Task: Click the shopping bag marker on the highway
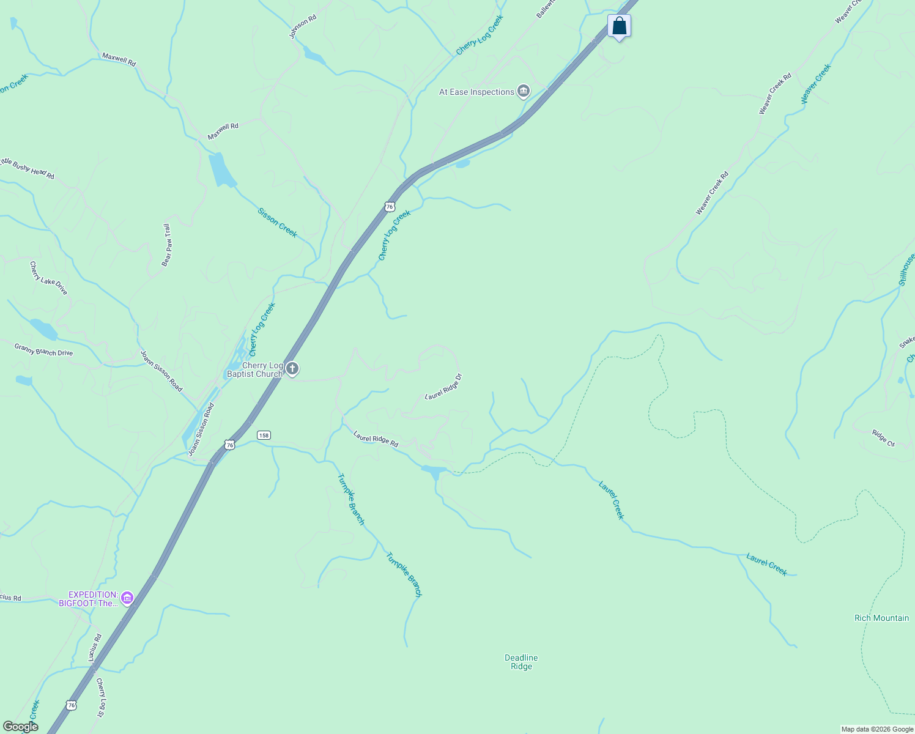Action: point(619,26)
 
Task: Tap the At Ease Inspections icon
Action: point(524,92)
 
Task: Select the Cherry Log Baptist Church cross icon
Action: point(292,369)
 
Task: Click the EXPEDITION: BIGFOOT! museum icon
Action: point(127,598)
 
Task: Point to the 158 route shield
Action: point(263,435)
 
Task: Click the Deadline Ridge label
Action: point(521,662)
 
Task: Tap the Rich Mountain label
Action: point(881,618)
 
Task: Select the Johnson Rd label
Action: point(303,28)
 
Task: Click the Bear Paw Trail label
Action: point(166,245)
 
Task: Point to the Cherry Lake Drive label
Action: point(48,278)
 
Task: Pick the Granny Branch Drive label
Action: point(43,349)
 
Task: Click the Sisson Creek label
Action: point(277,223)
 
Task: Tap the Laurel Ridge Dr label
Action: point(443,387)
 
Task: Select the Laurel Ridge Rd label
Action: point(376,439)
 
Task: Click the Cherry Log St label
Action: point(100,697)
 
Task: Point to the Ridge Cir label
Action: point(883,438)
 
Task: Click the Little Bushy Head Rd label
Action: point(28,168)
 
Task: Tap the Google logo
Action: point(20,727)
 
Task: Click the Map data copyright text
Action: point(877,729)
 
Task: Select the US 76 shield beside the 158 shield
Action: point(229,445)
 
